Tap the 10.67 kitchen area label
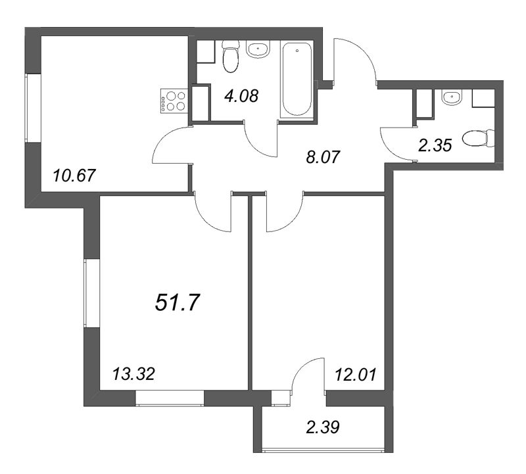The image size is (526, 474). click(74, 176)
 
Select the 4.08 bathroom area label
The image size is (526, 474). click(241, 95)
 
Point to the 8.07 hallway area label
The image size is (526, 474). click(323, 157)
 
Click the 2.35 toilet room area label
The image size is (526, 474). click(435, 145)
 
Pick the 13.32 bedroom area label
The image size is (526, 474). click(133, 373)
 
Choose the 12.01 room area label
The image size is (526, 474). click(356, 373)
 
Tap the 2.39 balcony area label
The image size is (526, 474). click(323, 427)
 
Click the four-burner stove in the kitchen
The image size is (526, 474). click(174, 101)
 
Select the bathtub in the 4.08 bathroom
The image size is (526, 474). click(297, 80)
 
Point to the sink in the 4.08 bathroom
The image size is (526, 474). click(258, 50)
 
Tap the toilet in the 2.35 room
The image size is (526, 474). click(478, 138)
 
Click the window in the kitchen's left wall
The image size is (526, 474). click(34, 108)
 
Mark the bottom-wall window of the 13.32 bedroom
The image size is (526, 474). click(170, 398)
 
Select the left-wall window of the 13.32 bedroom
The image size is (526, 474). click(92, 293)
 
